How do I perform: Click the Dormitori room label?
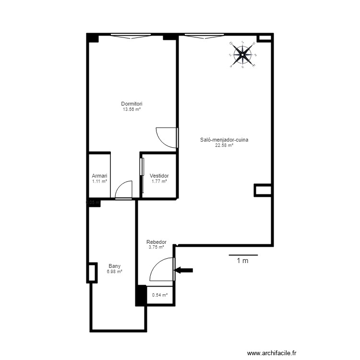132,104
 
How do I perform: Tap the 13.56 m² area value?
132,109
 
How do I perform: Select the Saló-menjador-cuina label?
224,140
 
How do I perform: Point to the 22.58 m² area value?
224,145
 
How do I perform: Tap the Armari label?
99,176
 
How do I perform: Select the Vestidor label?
159,176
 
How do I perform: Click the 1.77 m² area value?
159,181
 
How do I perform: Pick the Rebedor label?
156,242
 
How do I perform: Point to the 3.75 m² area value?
156,248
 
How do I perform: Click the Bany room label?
114,266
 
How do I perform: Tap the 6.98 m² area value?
114,272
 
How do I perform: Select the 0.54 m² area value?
159,295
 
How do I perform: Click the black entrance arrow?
184,270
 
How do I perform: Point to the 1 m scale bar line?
243,255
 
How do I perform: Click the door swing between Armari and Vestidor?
124,189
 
